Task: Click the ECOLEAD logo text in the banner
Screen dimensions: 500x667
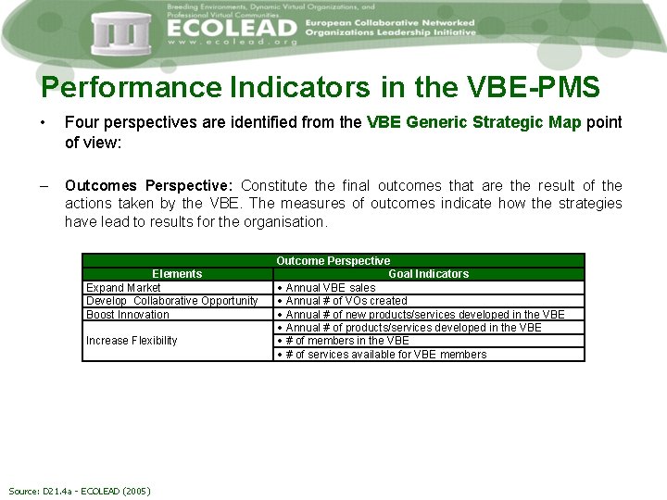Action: pos(233,28)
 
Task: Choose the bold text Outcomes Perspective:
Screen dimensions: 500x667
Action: pos(150,186)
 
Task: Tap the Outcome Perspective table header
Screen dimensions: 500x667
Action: pos(333,261)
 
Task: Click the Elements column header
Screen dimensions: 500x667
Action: pos(176,274)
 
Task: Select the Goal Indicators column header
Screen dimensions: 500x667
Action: pos(428,274)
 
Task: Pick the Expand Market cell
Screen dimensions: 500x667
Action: pos(123,288)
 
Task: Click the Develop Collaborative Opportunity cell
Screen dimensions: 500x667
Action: pos(171,301)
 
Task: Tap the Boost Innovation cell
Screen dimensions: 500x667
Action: pos(128,315)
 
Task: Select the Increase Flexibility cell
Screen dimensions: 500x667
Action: pos(132,341)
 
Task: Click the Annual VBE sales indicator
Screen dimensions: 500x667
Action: pos(331,288)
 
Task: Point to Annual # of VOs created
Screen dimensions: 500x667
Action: pos(346,301)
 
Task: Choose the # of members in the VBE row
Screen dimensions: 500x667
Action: pos(347,341)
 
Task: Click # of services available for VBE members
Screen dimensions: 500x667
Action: pos(385,355)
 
